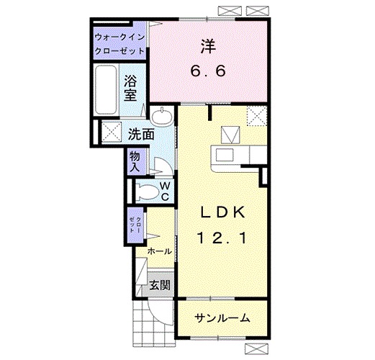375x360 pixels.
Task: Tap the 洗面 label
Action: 141,133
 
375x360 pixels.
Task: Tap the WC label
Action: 165,191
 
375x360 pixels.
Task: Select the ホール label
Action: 159,251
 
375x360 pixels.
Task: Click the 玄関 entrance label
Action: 159,285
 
